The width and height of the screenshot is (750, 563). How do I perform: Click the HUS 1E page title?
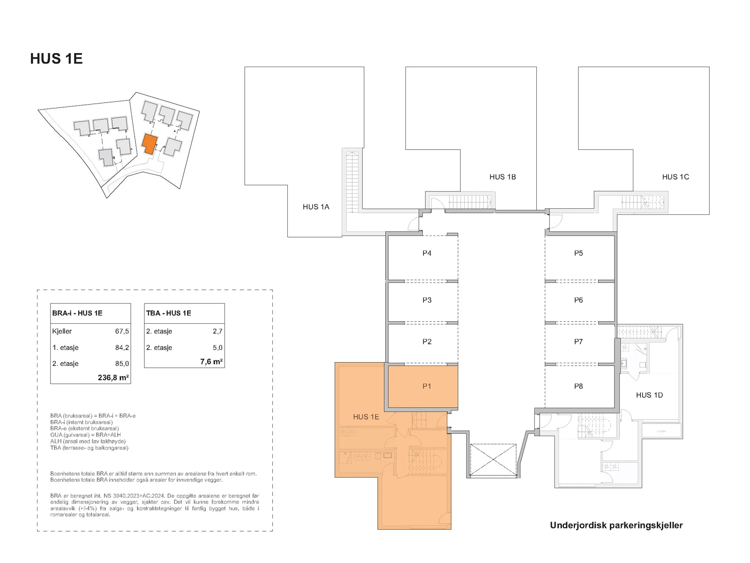(x=56, y=59)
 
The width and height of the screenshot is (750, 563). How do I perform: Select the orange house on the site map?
(x=150, y=144)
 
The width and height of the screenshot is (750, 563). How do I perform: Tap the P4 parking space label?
(x=427, y=253)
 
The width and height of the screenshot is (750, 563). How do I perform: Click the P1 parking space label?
(x=427, y=386)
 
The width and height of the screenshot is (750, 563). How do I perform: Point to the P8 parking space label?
(x=578, y=386)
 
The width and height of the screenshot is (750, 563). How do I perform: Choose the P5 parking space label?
(x=578, y=253)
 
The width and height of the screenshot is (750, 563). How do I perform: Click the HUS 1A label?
(x=316, y=207)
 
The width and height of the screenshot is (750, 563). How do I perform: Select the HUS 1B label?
(x=502, y=177)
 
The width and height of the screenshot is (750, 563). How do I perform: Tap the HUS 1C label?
(x=675, y=177)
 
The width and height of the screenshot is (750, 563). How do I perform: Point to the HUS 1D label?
(x=649, y=395)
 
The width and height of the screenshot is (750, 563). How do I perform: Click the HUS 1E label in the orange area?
(x=366, y=417)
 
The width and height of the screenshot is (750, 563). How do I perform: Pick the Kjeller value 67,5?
(x=122, y=331)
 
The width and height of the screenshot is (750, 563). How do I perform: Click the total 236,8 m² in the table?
(x=113, y=378)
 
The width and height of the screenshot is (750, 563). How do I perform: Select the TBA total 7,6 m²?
(x=211, y=362)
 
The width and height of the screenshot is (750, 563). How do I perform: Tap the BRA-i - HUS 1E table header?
(x=77, y=313)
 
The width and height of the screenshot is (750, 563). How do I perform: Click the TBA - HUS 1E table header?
(x=168, y=313)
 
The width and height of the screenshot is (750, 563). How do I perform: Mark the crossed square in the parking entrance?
(x=493, y=459)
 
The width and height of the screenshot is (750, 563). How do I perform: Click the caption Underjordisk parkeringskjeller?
(x=616, y=525)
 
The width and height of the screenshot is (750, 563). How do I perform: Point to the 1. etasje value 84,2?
(x=122, y=348)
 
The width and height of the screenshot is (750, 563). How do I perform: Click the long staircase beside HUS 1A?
(x=352, y=182)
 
